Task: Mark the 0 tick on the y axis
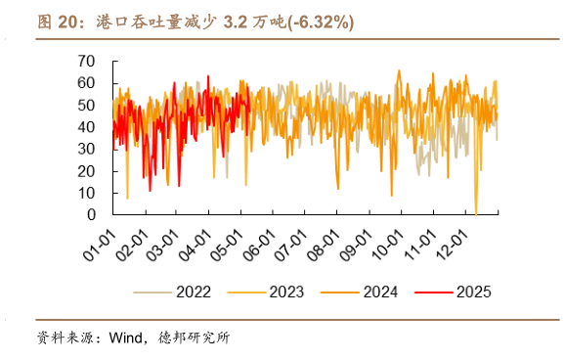pyautogui.click(x=90, y=214)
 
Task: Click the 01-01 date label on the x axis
pyautogui.click(x=99, y=240)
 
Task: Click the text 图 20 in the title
pyautogui.click(x=59, y=22)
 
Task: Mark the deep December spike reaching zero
pyautogui.click(x=476, y=210)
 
